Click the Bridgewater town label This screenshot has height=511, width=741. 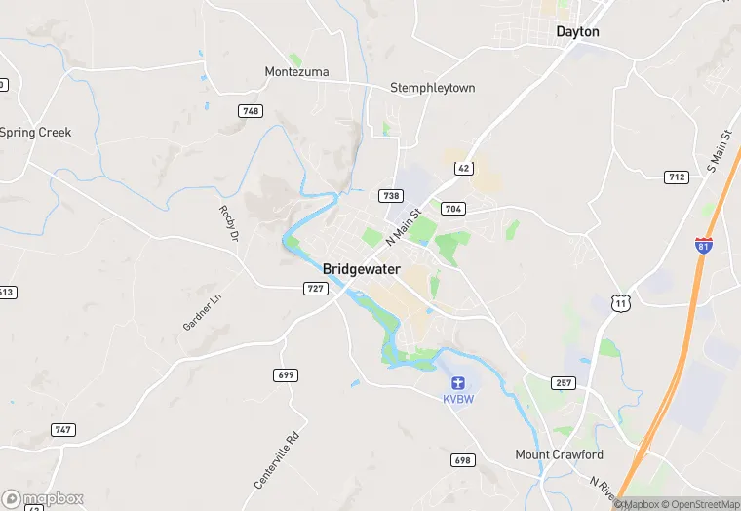click(x=362, y=269)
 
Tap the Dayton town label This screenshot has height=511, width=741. click(x=577, y=31)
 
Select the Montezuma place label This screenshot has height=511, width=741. click(x=296, y=72)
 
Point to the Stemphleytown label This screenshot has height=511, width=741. click(x=432, y=88)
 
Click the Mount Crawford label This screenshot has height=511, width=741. click(x=559, y=454)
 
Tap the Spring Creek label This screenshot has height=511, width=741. click(x=36, y=133)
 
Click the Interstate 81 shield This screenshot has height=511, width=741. click(x=703, y=245)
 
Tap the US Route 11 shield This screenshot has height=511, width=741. click(x=620, y=304)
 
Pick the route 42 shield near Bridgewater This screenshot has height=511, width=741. click(x=464, y=169)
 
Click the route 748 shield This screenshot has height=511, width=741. click(x=251, y=111)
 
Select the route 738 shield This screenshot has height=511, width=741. click(x=390, y=196)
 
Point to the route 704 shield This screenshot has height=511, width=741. click(x=452, y=209)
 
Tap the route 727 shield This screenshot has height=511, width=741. click(x=315, y=288)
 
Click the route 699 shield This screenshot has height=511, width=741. click(x=286, y=374)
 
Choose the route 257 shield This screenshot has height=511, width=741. click(x=563, y=383)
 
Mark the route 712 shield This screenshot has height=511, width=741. click(x=677, y=177)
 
